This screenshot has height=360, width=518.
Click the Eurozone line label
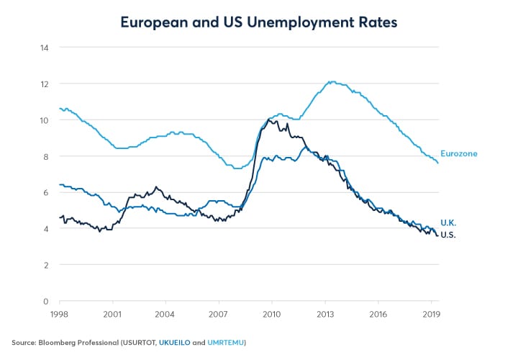tap(459, 153)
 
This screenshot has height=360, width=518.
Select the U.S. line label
tap(448, 235)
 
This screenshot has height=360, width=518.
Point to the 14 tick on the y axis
tap(44, 48)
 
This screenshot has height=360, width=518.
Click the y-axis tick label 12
tap(44, 84)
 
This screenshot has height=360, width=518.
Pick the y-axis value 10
tap(44, 120)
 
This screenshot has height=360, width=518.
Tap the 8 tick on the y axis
tap(46, 156)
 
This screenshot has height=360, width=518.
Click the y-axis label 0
tap(46, 301)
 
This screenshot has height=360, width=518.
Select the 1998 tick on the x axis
tap(60, 315)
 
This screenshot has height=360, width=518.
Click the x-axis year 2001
tap(113, 315)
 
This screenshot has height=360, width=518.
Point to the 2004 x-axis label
tap(166, 315)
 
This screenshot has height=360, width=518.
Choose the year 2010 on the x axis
tap(272, 315)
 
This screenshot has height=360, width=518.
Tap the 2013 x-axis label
tap(325, 315)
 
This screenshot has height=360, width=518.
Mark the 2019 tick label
tap(431, 315)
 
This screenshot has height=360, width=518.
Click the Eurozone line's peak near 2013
tap(331, 81)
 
